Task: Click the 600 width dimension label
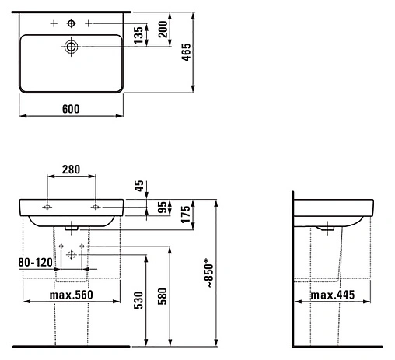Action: click(x=71, y=109)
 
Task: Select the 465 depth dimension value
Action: click(x=186, y=52)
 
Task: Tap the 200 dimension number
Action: click(x=163, y=30)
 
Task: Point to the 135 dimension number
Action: click(x=138, y=35)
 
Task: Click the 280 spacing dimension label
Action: click(x=71, y=170)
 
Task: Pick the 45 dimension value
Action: click(x=139, y=186)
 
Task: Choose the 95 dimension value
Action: click(x=163, y=208)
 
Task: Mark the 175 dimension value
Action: click(x=186, y=215)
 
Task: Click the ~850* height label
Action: click(x=209, y=273)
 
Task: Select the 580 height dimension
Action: click(x=163, y=296)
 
